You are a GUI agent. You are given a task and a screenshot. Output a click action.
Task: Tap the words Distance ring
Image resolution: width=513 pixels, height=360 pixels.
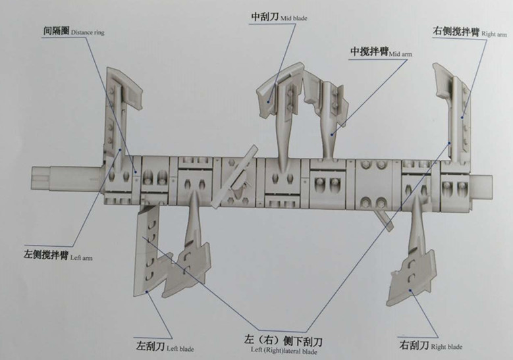(x=87, y=32)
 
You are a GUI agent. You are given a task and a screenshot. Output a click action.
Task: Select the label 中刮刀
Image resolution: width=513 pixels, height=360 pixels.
(x=265, y=18)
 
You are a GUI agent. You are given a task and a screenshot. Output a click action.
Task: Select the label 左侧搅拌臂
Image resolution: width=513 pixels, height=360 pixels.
(x=43, y=253)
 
